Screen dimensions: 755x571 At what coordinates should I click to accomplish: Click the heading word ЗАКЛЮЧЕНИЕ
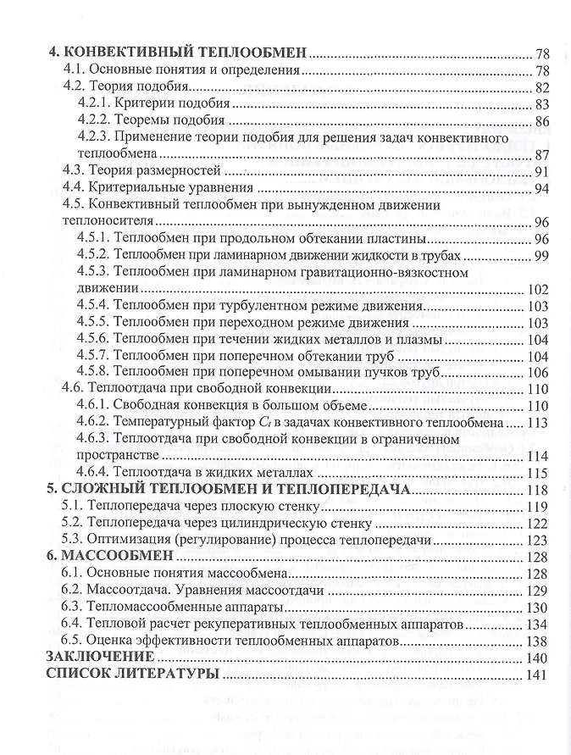click(x=100, y=657)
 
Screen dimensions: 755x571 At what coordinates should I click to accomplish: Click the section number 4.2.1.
click(x=94, y=104)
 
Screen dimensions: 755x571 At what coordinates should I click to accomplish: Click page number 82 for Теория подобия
click(x=542, y=88)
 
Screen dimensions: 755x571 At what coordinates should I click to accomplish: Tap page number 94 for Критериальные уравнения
click(x=542, y=188)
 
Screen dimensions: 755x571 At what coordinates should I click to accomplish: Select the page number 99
click(x=542, y=256)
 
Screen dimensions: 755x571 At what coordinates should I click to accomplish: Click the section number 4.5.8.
click(x=94, y=372)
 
